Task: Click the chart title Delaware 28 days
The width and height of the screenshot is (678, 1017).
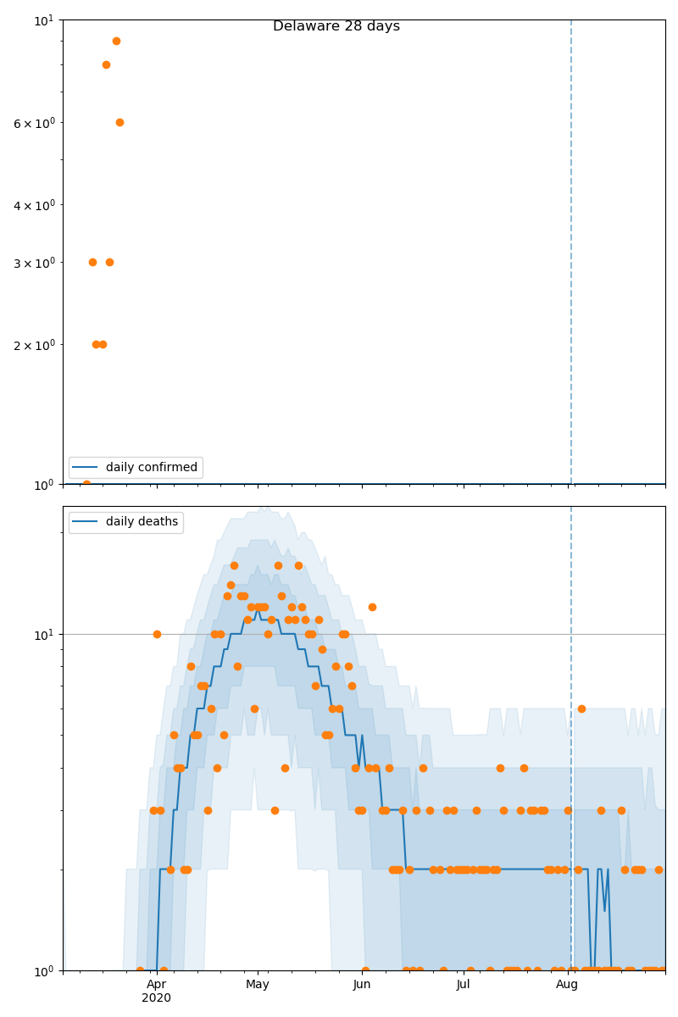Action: (x=336, y=26)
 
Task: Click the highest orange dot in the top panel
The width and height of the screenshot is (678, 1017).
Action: (x=116, y=41)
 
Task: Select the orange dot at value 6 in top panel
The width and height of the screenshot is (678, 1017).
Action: (x=119, y=122)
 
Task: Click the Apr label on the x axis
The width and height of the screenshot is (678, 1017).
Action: (x=156, y=985)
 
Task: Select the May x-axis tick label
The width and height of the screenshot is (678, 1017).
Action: (x=258, y=985)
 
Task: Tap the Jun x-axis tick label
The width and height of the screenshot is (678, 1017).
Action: (x=362, y=985)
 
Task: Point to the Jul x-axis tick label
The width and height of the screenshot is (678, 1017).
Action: (x=464, y=985)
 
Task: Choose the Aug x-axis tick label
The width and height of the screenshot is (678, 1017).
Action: (x=567, y=985)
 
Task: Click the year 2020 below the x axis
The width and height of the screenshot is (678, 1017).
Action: (x=156, y=998)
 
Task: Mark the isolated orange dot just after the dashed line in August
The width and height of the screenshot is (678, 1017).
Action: (x=581, y=709)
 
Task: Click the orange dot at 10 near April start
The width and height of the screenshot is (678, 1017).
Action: (x=157, y=634)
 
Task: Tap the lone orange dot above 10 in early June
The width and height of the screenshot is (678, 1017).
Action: (x=372, y=607)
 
